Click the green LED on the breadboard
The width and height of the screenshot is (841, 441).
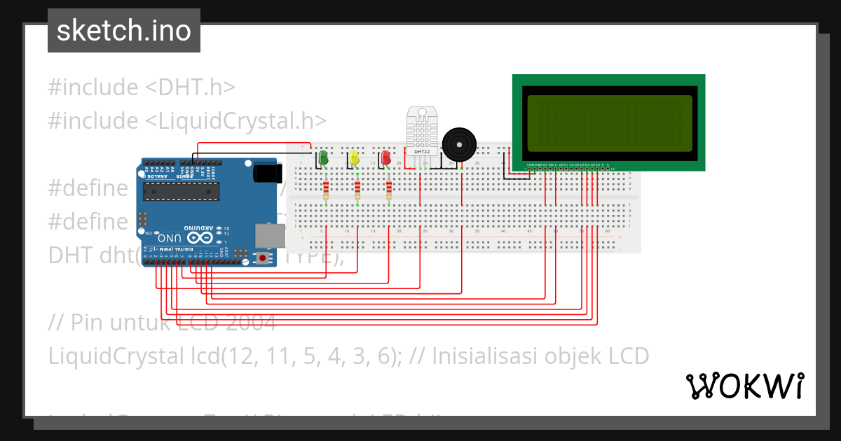(x=323, y=157)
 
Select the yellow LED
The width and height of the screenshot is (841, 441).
(x=355, y=157)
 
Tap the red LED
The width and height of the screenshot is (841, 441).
(x=386, y=158)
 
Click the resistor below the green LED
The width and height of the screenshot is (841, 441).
(x=326, y=190)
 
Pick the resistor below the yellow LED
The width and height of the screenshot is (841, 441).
(x=357, y=190)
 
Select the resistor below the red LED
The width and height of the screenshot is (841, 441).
(x=390, y=190)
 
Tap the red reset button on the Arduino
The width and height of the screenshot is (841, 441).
(x=263, y=258)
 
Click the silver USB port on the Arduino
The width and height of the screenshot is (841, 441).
(x=269, y=235)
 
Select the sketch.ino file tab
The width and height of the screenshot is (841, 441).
(x=124, y=31)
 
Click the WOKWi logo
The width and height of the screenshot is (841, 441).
(x=745, y=386)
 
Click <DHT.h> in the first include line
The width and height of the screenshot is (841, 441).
(x=190, y=87)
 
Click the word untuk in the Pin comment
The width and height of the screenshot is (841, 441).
(x=136, y=323)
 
